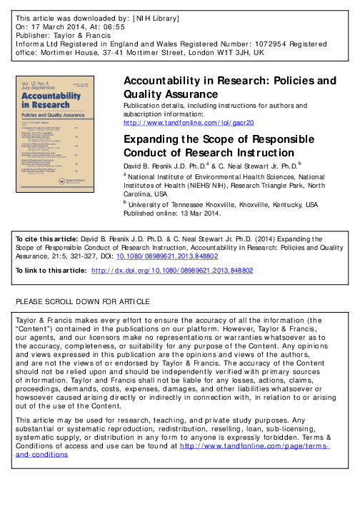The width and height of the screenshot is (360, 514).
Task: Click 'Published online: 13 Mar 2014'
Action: pyautogui.click(x=174, y=212)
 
